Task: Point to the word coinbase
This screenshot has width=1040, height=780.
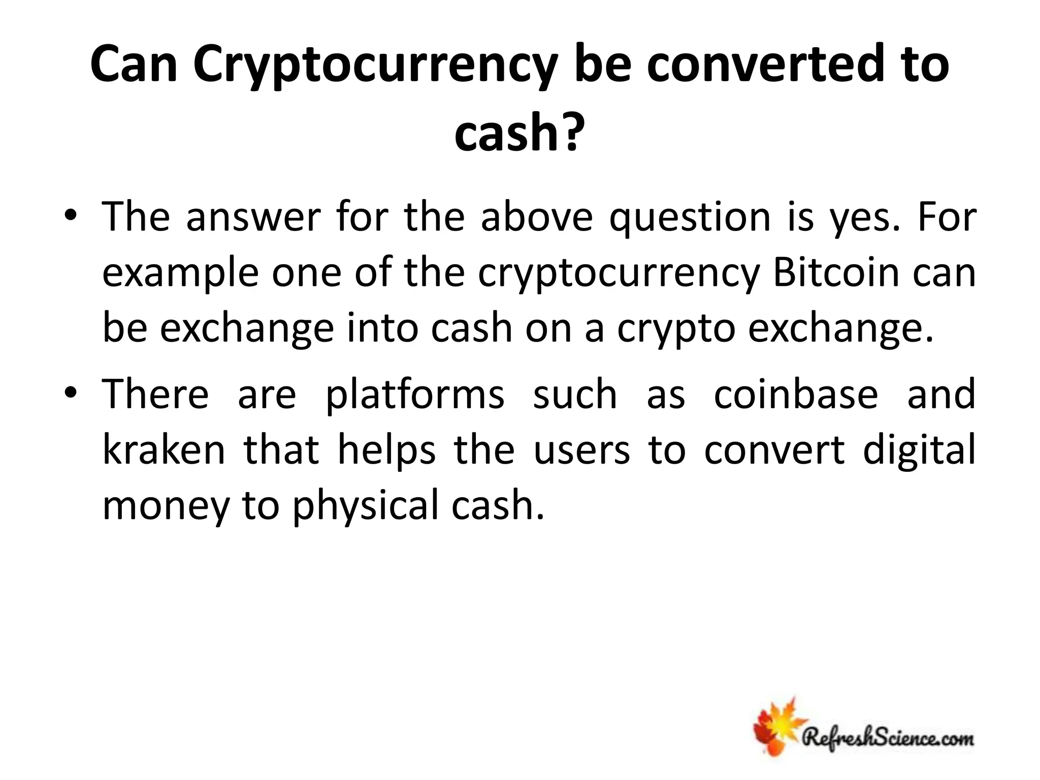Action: point(796,395)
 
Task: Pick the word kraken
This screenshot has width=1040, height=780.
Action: point(164,450)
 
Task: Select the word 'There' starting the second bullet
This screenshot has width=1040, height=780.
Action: point(155,395)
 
